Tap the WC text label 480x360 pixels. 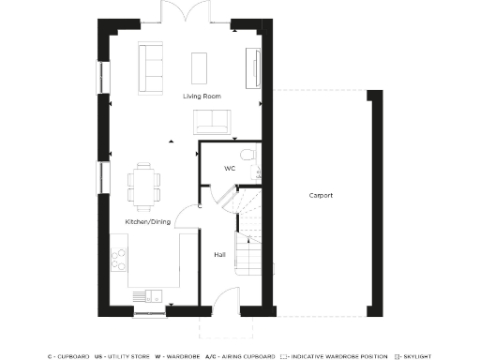pos(229,169)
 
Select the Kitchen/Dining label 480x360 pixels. pos(147,221)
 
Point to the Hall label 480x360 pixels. pos(218,254)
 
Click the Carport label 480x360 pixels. pos(321,195)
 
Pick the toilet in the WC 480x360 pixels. pos(246,154)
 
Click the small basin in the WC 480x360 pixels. pos(258,172)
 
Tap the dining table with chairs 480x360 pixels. pos(143,185)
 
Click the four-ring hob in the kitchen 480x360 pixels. pos(120,261)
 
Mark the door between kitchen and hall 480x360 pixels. pos(192,215)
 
